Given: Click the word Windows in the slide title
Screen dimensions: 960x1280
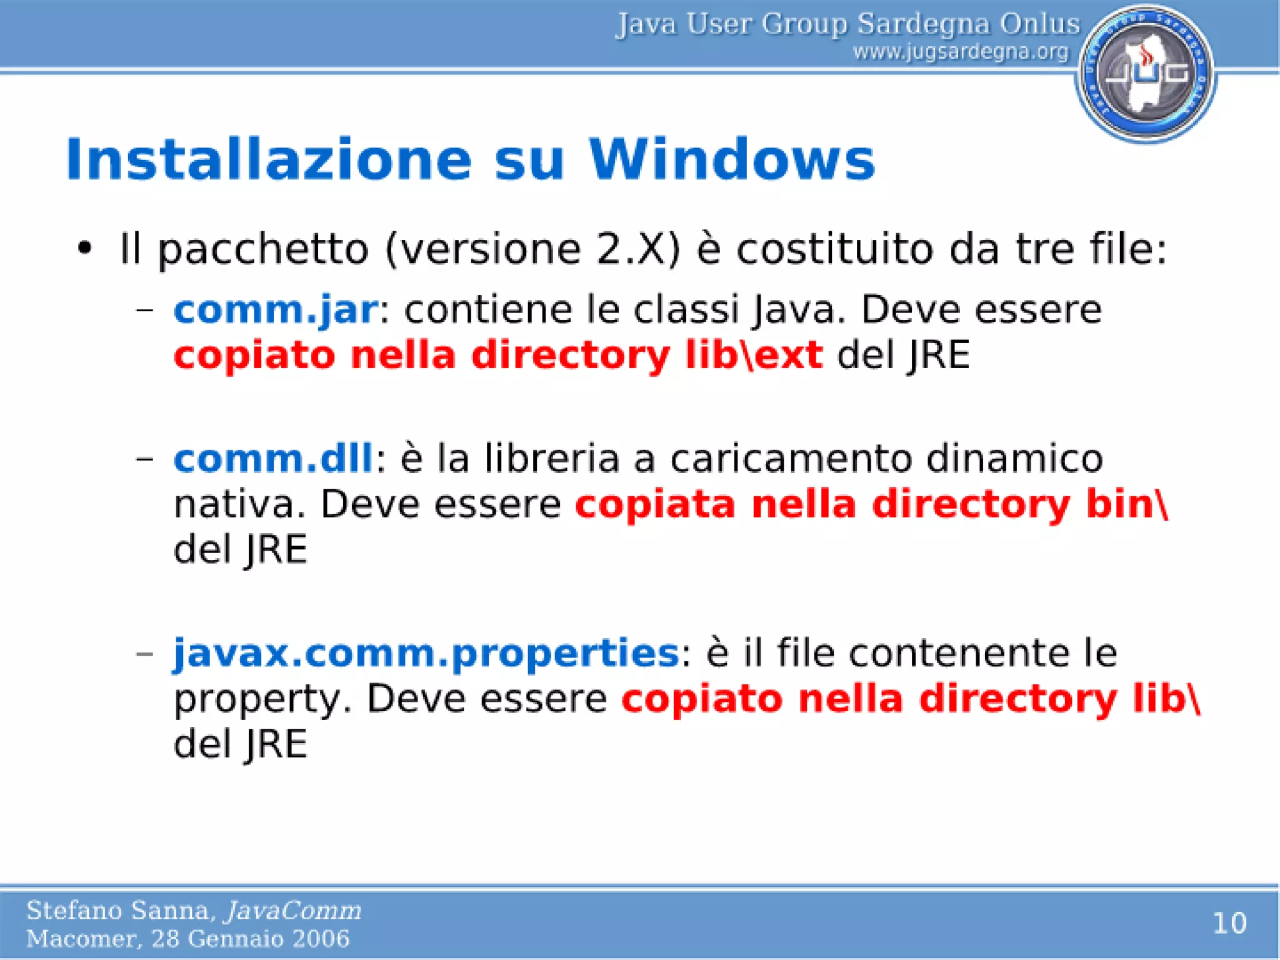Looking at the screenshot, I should pyautogui.click(x=731, y=160).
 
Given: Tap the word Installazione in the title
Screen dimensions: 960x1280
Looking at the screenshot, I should pyautogui.click(x=269, y=160).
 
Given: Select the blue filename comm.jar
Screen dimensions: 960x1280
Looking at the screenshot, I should pyautogui.click(x=275, y=310).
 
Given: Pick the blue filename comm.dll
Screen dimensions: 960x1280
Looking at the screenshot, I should pyautogui.click(x=273, y=458).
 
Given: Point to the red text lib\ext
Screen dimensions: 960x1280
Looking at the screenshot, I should pyautogui.click(x=754, y=355).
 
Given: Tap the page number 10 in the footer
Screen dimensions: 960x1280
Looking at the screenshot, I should pyautogui.click(x=1229, y=923).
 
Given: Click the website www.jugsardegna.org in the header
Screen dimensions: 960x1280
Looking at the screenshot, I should pyautogui.click(x=961, y=52).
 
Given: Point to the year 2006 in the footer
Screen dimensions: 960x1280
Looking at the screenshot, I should pyautogui.click(x=322, y=939).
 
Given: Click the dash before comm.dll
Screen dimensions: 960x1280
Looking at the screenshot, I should pyautogui.click(x=145, y=459).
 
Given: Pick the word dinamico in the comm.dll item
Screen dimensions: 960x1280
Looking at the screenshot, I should pyautogui.click(x=1014, y=458).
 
